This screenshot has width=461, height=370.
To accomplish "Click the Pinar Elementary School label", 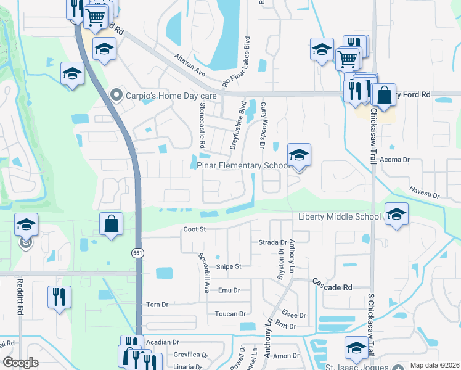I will pos(243,165).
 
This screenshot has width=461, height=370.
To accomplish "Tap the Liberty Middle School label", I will pos(340,216).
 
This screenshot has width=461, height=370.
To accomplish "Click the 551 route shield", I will pos(137,253).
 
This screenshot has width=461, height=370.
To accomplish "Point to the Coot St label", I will pos(194,229).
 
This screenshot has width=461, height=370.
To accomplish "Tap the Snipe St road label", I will pos(228,266).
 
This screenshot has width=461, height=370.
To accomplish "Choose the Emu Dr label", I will pos(229,290).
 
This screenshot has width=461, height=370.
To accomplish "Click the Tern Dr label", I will pos(157,305).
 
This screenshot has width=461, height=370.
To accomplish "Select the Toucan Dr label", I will pos(230,314).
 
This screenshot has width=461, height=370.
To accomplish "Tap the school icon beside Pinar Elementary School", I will pos(299,155).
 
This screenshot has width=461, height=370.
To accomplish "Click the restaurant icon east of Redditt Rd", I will pos(60,298).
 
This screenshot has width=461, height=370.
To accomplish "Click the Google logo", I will pos(21,363).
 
